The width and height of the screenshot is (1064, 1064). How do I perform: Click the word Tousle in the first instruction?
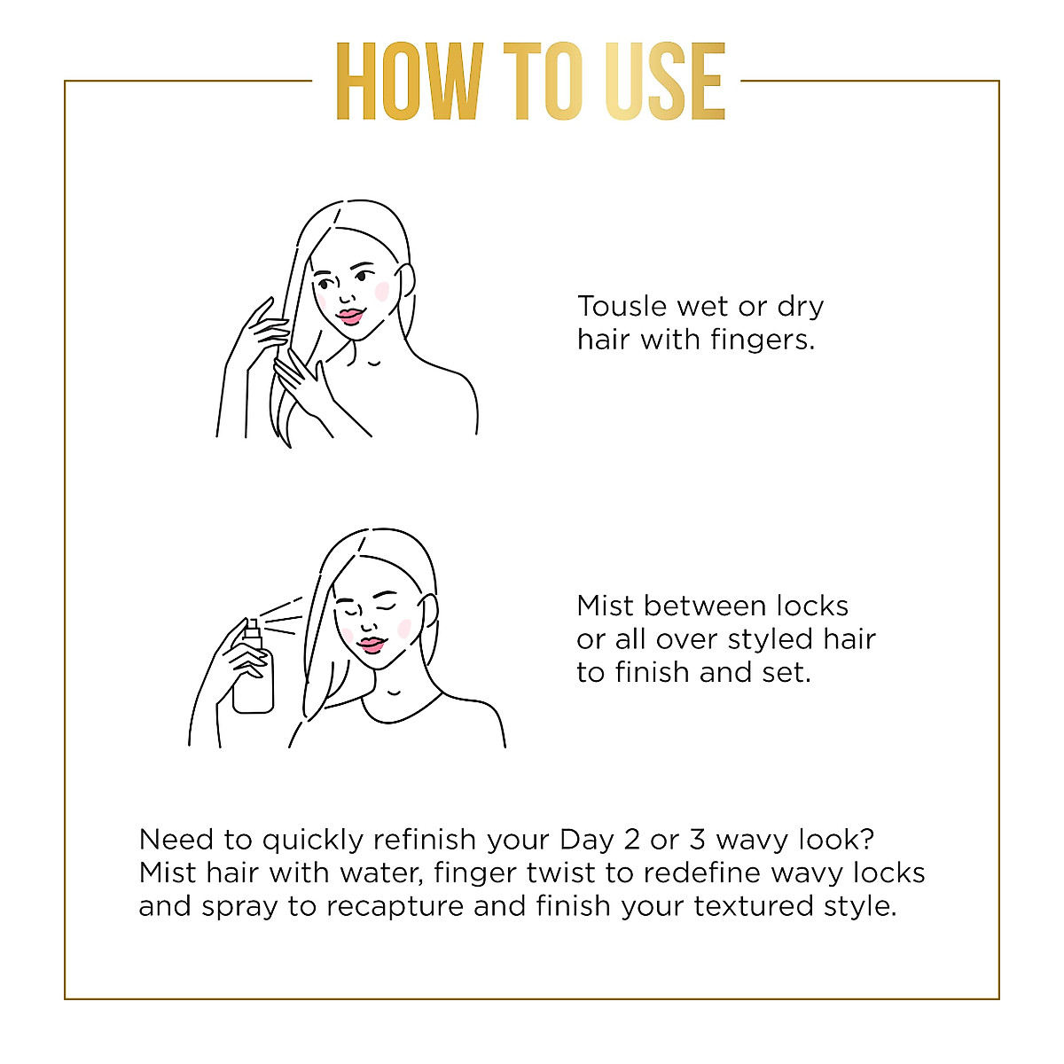click(622, 306)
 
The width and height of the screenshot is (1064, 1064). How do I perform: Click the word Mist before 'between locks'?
click(606, 606)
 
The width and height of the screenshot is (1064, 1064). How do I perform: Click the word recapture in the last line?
click(395, 906)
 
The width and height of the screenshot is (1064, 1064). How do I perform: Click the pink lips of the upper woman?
click(351, 316)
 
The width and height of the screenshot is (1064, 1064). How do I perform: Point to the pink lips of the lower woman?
click(372, 643)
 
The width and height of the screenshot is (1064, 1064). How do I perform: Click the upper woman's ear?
click(407, 284)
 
